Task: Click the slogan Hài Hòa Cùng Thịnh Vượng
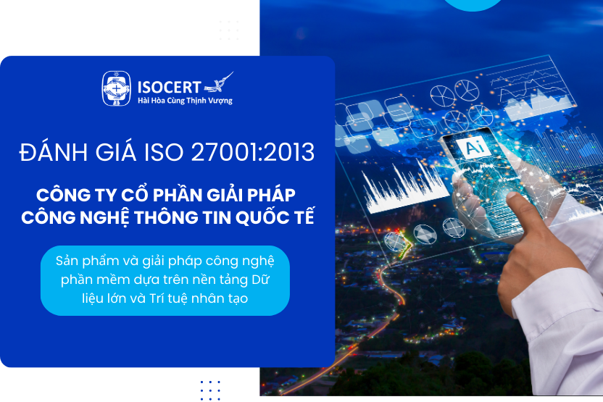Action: point(184,101)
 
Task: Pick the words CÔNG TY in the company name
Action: point(66,195)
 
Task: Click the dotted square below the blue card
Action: point(210,390)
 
